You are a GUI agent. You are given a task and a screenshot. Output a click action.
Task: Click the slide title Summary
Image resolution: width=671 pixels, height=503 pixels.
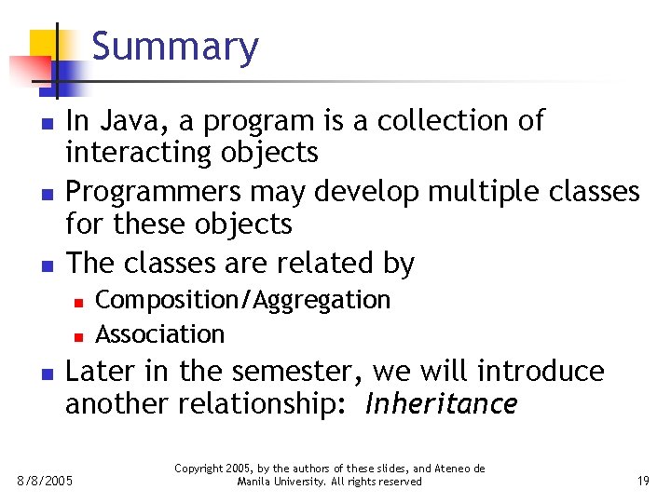175,48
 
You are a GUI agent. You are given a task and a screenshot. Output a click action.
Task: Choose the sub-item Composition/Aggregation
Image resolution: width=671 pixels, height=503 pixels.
242,300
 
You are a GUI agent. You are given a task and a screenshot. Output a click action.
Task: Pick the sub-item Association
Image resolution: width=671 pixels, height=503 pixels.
160,333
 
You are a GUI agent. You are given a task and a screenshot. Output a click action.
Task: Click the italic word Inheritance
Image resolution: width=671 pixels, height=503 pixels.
441,404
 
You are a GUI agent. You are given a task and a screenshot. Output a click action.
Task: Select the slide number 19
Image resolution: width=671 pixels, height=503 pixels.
642,481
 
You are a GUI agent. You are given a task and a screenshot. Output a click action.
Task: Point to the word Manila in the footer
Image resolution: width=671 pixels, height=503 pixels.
253,482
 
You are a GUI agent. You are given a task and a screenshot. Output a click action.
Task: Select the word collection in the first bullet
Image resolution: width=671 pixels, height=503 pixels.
439,121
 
